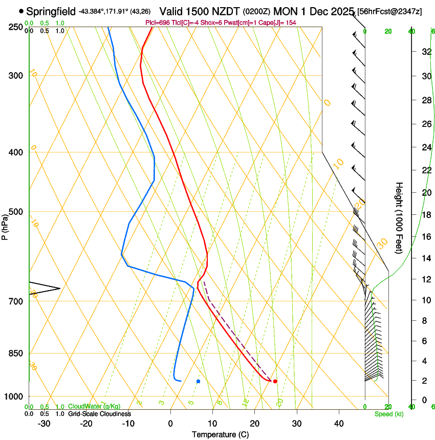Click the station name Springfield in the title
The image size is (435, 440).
point(51,11)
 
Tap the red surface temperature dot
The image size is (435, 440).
point(275,381)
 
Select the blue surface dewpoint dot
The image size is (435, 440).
point(198,381)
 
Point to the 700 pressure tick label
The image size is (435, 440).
point(16,301)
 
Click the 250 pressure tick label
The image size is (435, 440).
point(16,27)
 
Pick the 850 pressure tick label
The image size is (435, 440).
point(16,354)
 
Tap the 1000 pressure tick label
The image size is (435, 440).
point(14,397)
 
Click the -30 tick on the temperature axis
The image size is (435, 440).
point(44,424)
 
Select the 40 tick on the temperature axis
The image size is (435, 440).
point(339,424)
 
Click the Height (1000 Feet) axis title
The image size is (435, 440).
point(399,217)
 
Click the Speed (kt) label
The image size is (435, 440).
point(388,414)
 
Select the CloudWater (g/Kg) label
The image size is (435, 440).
point(94,407)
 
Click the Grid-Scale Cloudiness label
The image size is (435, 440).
point(99,413)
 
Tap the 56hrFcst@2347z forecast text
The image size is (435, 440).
point(390,11)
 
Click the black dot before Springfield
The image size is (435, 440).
point(21,11)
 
